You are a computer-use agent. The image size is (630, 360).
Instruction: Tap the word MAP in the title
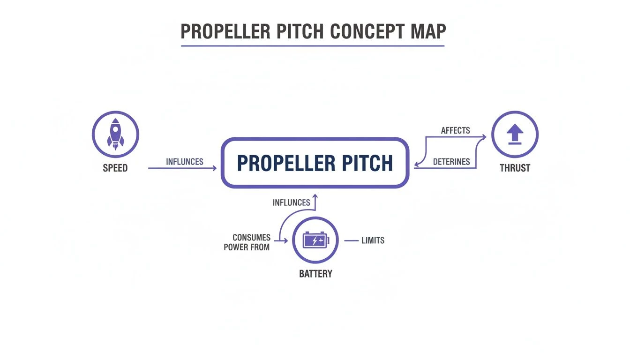(x=427, y=31)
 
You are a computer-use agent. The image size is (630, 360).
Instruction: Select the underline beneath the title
(x=313, y=46)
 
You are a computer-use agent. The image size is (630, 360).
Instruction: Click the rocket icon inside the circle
(x=115, y=134)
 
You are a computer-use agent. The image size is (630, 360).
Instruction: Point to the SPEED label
(x=115, y=168)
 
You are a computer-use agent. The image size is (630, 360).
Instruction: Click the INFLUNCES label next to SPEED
(x=185, y=162)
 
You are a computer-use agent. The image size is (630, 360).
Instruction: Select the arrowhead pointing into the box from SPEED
(x=215, y=168)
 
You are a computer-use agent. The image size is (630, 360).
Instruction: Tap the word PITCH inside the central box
(x=366, y=163)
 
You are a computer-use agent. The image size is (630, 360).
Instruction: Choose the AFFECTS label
(x=455, y=130)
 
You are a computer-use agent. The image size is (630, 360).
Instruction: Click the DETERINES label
(x=451, y=162)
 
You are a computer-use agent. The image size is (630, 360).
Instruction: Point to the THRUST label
(x=515, y=168)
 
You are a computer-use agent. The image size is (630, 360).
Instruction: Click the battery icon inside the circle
(x=315, y=240)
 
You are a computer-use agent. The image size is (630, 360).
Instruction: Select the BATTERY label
(x=315, y=274)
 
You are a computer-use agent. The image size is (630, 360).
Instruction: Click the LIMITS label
(x=373, y=240)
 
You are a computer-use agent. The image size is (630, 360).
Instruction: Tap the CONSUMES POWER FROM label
(x=247, y=242)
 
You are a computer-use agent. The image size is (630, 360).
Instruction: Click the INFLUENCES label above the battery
(x=291, y=202)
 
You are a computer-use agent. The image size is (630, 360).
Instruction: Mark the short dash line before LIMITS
(x=351, y=240)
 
